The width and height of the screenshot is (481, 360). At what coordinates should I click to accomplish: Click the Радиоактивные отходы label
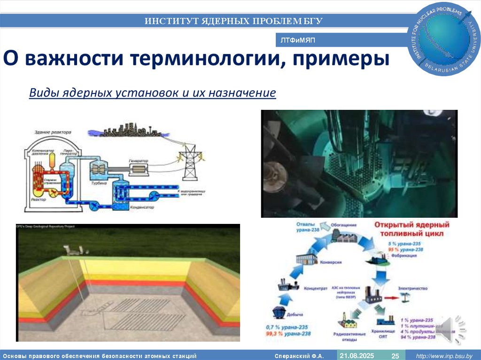(x=350, y=336)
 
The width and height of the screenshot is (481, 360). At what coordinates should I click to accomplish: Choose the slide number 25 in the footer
(x=396, y=356)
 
